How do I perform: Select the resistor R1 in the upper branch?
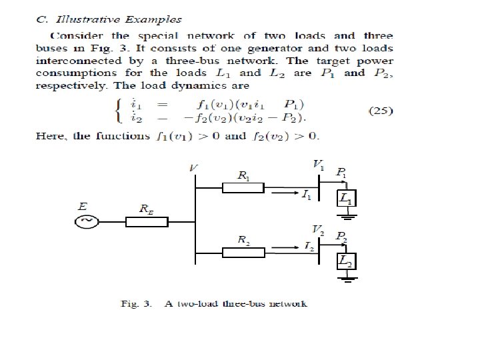pos(243,189)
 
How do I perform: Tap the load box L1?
pos(347,198)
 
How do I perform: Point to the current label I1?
pos(305,195)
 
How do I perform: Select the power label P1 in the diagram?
pos(341,173)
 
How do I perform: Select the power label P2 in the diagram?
pos(341,237)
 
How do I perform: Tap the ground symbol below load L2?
pos(347,276)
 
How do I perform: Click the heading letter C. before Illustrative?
pos(41,20)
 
